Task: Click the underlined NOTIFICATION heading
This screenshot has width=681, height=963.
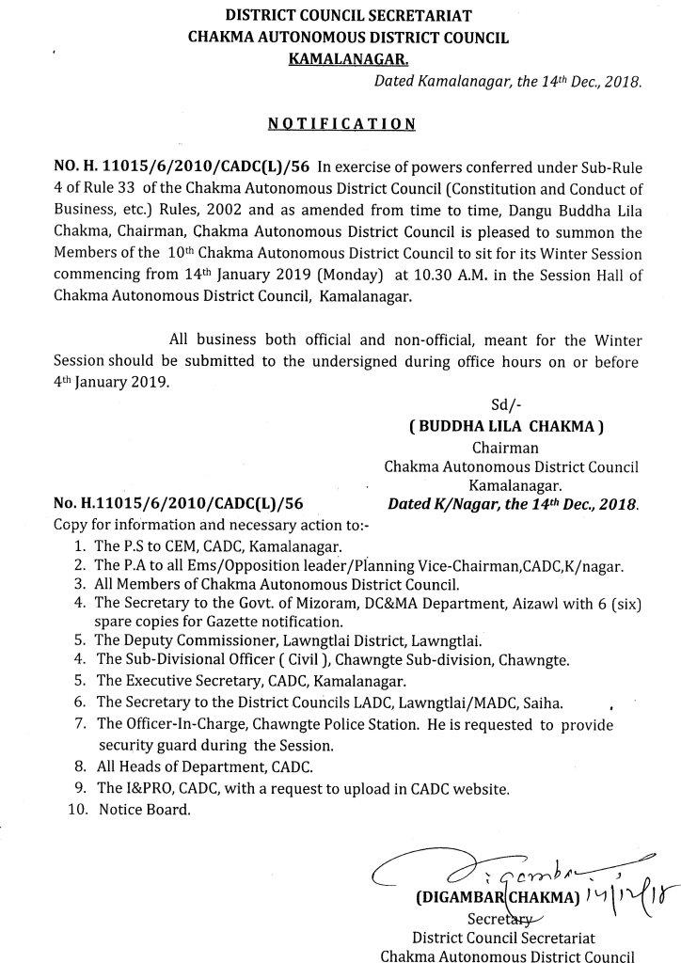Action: [341, 123]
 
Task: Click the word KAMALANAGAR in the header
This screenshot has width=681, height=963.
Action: [340, 59]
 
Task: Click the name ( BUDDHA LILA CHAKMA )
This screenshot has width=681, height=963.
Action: [506, 426]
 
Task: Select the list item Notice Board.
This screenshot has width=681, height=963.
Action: [143, 809]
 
